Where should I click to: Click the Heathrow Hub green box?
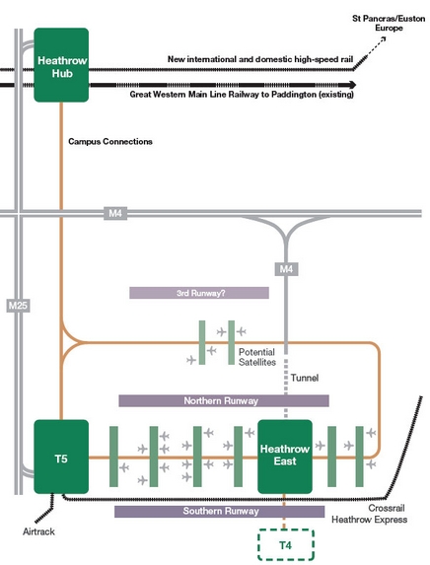coord(61,65)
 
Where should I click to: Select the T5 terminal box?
coord(61,457)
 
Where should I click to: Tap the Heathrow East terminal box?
coord(285,457)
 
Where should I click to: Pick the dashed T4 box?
coord(285,544)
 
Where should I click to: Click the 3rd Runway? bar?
coord(199,293)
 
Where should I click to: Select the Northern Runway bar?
coord(224,400)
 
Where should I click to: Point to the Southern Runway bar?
coord(220,512)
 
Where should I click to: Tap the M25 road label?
coord(18,306)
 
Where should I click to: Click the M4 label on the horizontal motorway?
coord(115,213)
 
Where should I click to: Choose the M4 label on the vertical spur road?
coord(287,269)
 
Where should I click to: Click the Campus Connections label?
coord(110,141)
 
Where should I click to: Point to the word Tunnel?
coord(305,378)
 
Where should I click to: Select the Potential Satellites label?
coord(257,357)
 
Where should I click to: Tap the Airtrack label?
coord(38,531)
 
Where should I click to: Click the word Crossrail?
coord(387,508)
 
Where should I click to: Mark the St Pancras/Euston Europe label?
coord(389,23)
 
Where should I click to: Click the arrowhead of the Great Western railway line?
coord(352,85)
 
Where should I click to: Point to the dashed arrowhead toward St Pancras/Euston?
coord(383,38)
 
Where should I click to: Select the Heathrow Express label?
coord(370,520)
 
